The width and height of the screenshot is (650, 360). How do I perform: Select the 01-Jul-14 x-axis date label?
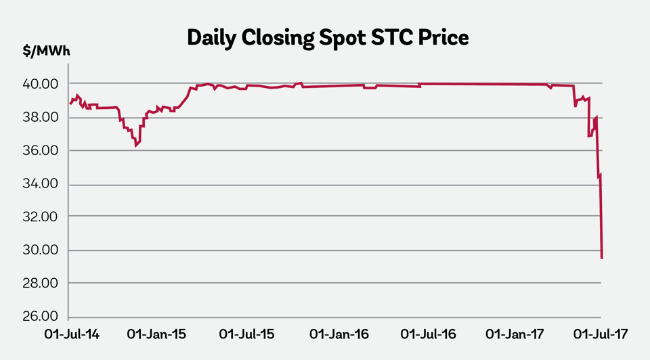(71, 335)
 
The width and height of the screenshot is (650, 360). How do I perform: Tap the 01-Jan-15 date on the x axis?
(158, 335)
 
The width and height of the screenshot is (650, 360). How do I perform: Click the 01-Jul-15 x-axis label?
(247, 335)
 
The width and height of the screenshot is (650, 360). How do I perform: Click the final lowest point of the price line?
(602, 258)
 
